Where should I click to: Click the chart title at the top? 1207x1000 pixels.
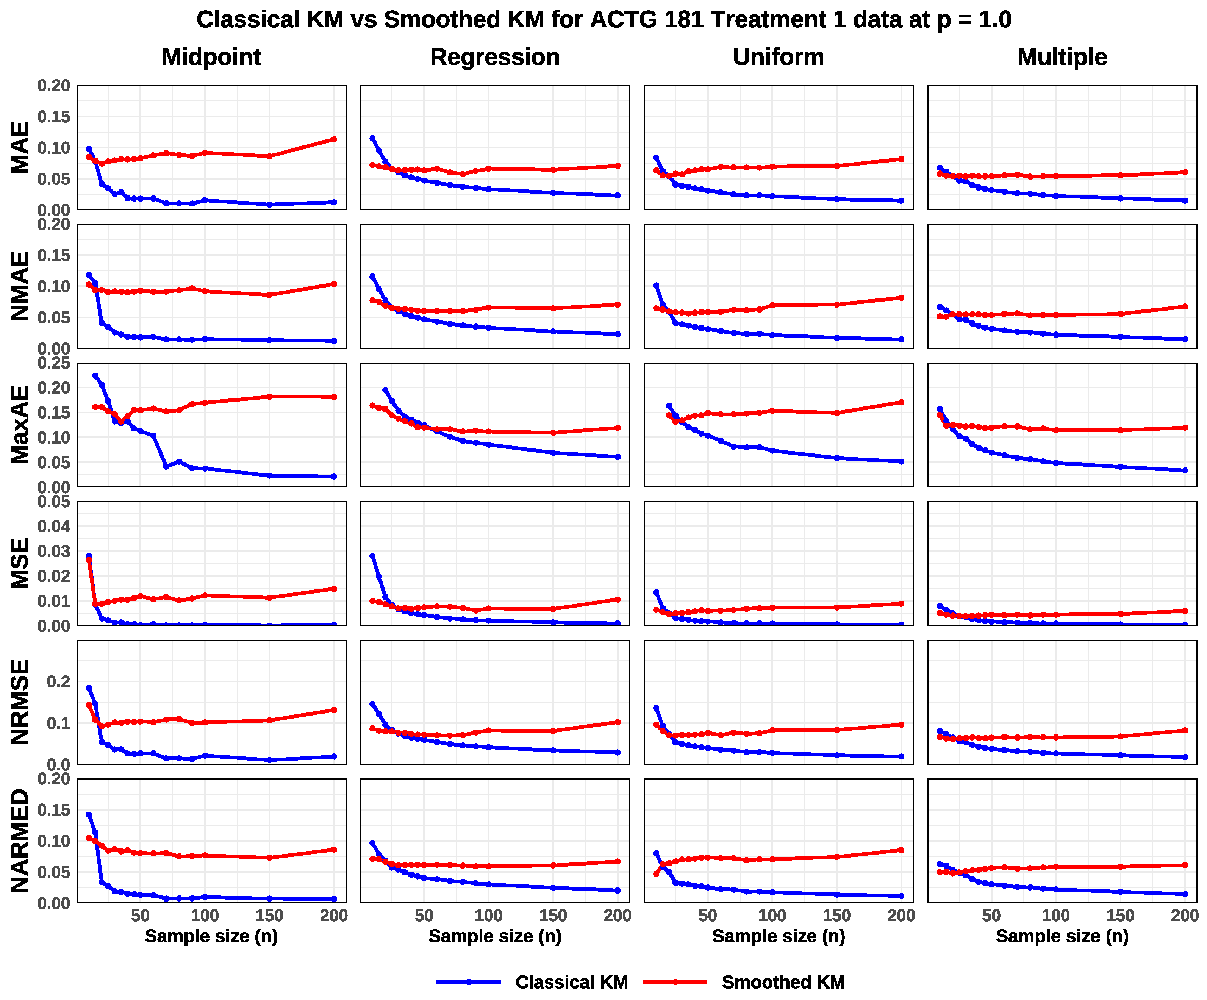coord(603,20)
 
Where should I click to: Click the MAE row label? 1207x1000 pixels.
coord(20,148)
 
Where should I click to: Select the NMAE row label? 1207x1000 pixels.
coord(20,286)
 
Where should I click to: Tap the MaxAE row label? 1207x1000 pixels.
coord(20,425)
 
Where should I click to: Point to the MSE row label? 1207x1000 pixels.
coord(20,564)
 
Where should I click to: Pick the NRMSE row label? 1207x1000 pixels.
coord(20,702)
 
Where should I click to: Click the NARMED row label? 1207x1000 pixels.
coord(20,841)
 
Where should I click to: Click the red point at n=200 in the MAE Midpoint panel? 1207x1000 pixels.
coord(334,140)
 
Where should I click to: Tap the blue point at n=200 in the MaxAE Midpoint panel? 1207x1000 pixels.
coord(334,477)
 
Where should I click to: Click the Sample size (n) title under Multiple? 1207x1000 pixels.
coord(1062,936)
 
